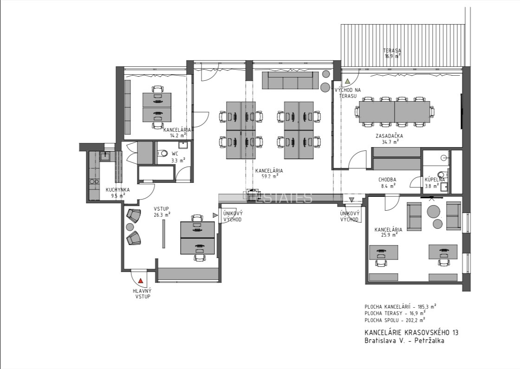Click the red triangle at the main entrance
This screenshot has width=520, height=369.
(141, 280)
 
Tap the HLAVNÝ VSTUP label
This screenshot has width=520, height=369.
(142, 294)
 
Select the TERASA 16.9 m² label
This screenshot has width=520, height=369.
(392, 53)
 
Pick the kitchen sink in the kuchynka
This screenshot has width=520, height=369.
(106, 156)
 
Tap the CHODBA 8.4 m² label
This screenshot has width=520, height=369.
(387, 183)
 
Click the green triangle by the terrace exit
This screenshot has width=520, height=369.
(347, 81)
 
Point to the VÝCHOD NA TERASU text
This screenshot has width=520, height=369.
(348, 93)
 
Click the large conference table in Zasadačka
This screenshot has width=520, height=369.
(394, 111)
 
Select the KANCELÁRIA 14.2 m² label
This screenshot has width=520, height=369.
(177, 133)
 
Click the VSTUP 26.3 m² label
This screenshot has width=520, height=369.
(162, 212)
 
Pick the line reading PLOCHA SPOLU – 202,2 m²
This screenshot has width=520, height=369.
(395, 320)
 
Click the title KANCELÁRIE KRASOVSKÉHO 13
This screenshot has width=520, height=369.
(411, 332)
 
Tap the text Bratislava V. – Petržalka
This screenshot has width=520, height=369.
(404, 341)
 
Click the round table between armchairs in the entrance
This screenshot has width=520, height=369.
(130, 227)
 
